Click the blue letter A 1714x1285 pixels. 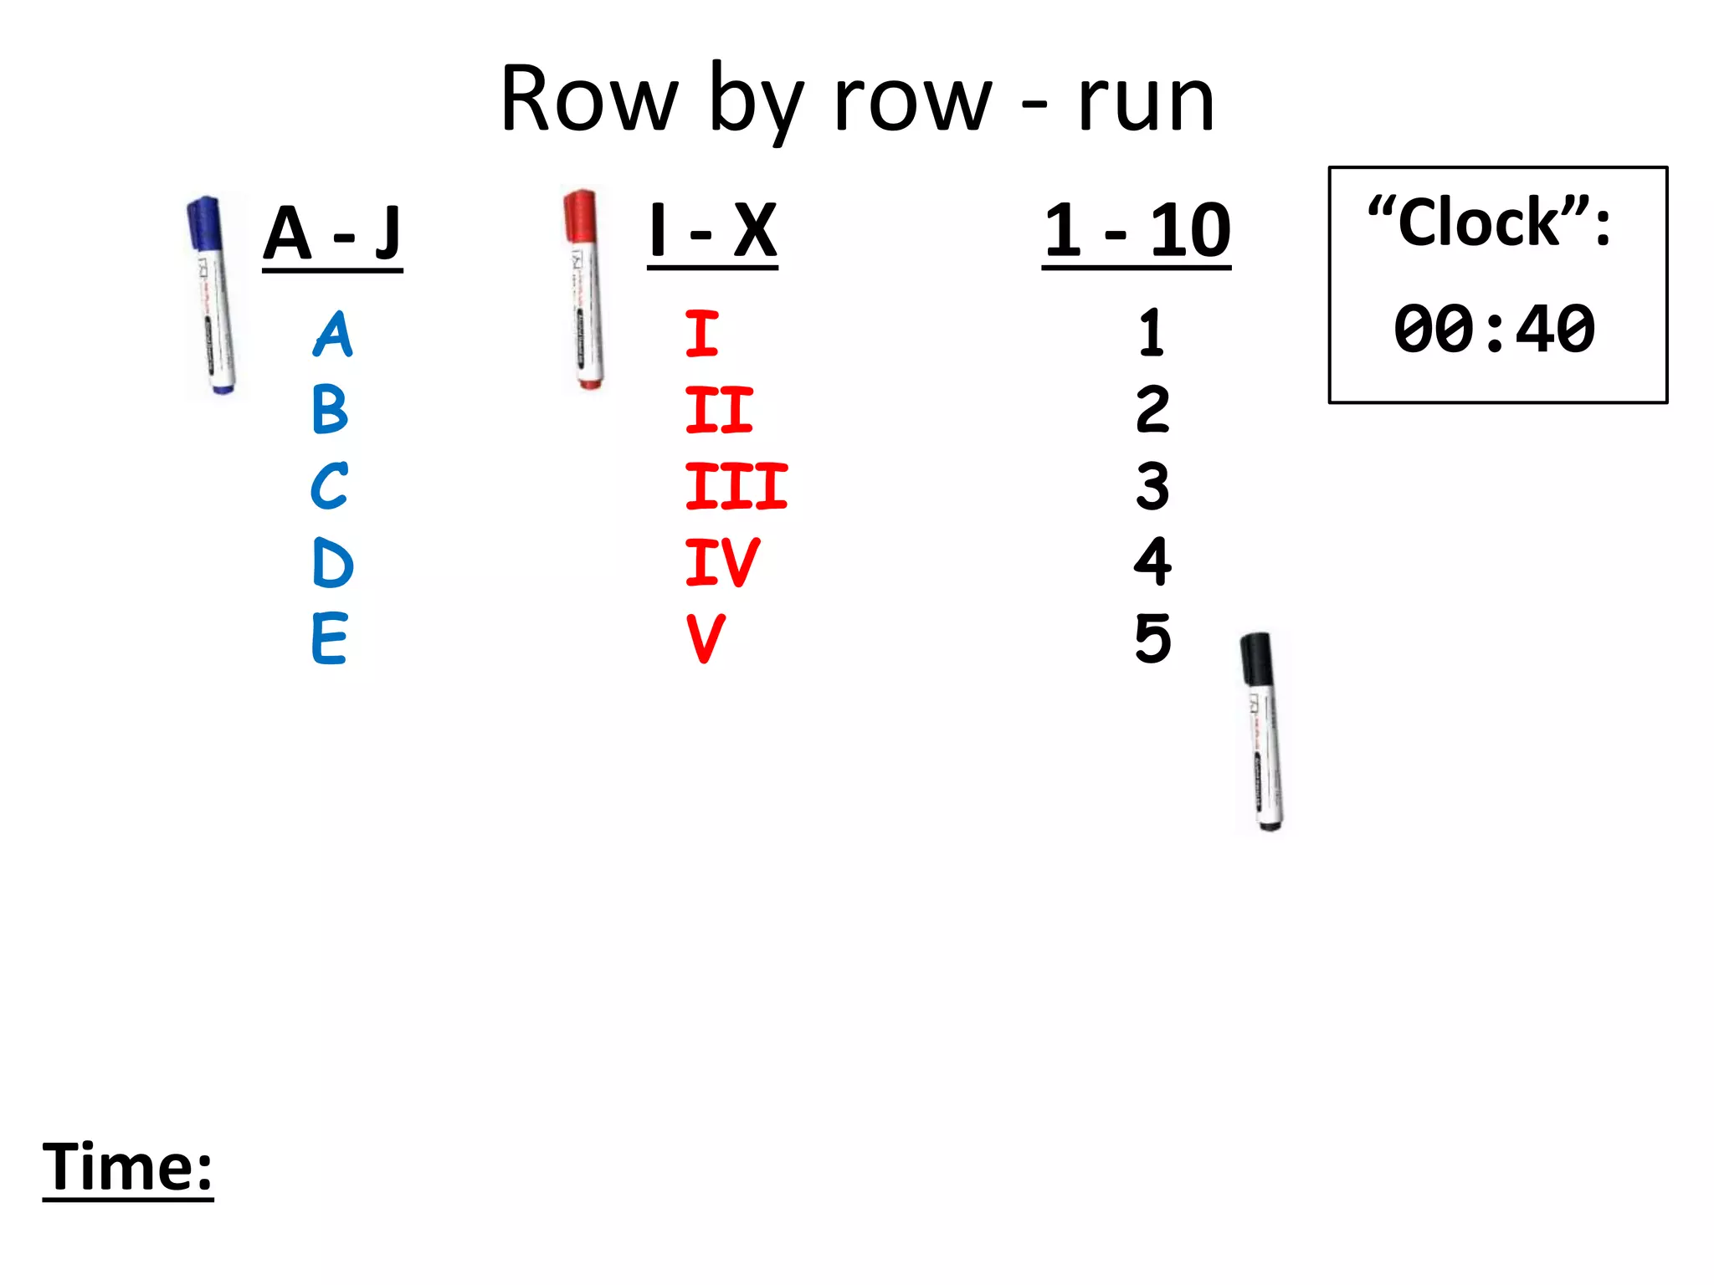point(333,335)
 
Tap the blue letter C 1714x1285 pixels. point(329,486)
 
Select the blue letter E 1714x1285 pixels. point(329,638)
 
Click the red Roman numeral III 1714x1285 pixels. point(736,486)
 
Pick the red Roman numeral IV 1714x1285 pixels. point(722,562)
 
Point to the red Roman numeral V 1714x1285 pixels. point(706,639)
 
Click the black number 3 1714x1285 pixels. point(1152,486)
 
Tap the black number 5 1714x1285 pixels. point(1152,638)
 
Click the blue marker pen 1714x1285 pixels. point(212,294)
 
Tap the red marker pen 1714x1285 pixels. point(584,289)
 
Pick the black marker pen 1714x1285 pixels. point(1263,731)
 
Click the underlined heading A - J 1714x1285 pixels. point(332,234)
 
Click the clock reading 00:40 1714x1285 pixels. point(1495,329)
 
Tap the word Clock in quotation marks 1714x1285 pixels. point(1479,223)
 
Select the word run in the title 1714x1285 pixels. point(1146,101)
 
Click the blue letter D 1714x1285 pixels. point(332,562)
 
